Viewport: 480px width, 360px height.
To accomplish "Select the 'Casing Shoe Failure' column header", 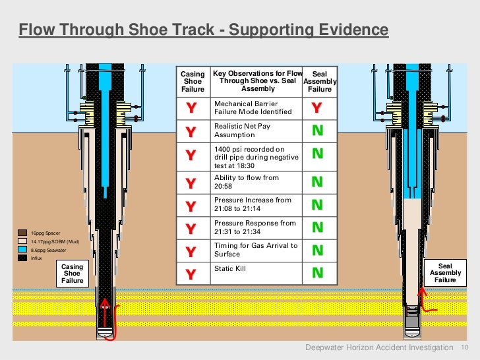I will coord(193,82).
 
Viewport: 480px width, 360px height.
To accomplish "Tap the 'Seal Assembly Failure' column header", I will coord(320,82).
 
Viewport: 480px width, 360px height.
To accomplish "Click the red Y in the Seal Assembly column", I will coord(316,108).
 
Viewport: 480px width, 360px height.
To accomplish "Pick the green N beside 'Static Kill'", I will coord(317,272).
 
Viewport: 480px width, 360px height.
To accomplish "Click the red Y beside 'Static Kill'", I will coord(190,274).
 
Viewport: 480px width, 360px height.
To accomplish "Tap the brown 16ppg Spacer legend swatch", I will coord(22,233).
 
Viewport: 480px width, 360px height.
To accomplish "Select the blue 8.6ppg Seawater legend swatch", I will coord(22,250).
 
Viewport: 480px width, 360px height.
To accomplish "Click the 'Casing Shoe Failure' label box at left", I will coord(73,274).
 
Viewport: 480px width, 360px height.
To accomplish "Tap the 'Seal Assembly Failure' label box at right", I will coord(445,273).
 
